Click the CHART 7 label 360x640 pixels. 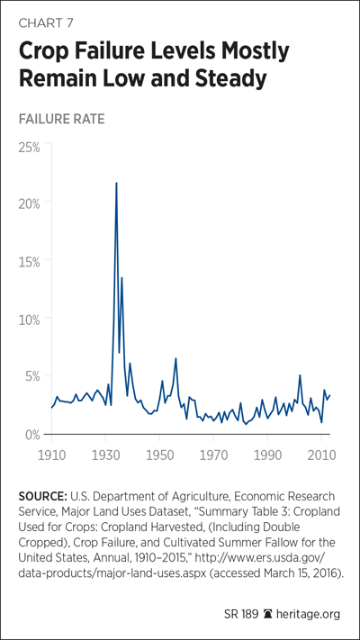click(x=46, y=23)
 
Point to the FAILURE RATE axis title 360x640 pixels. click(x=61, y=119)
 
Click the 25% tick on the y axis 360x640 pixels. click(x=29, y=148)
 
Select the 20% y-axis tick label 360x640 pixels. click(x=29, y=203)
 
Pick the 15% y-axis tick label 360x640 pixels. click(x=30, y=262)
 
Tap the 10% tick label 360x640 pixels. click(x=30, y=320)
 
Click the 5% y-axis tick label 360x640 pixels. click(x=31, y=378)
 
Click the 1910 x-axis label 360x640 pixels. click(x=52, y=455)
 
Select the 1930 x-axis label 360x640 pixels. click(x=105, y=455)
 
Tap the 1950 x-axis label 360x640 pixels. click(x=159, y=455)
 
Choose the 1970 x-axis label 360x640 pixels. click(x=213, y=455)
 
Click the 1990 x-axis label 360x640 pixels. click(x=267, y=455)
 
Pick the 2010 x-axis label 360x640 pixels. click(x=321, y=455)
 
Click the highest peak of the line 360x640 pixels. click(x=116, y=183)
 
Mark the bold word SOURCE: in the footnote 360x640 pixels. click(x=43, y=497)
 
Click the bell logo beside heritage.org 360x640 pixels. click(x=267, y=614)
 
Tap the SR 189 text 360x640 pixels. click(x=241, y=614)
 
